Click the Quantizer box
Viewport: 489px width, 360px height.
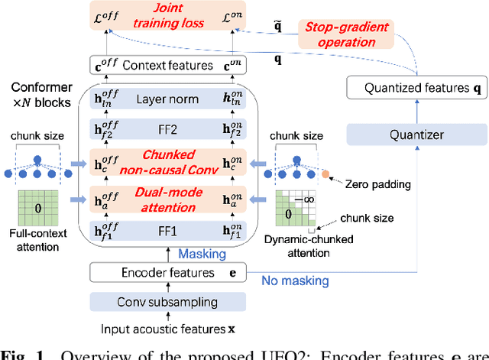point(416,135)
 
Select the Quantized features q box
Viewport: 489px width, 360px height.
point(416,89)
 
